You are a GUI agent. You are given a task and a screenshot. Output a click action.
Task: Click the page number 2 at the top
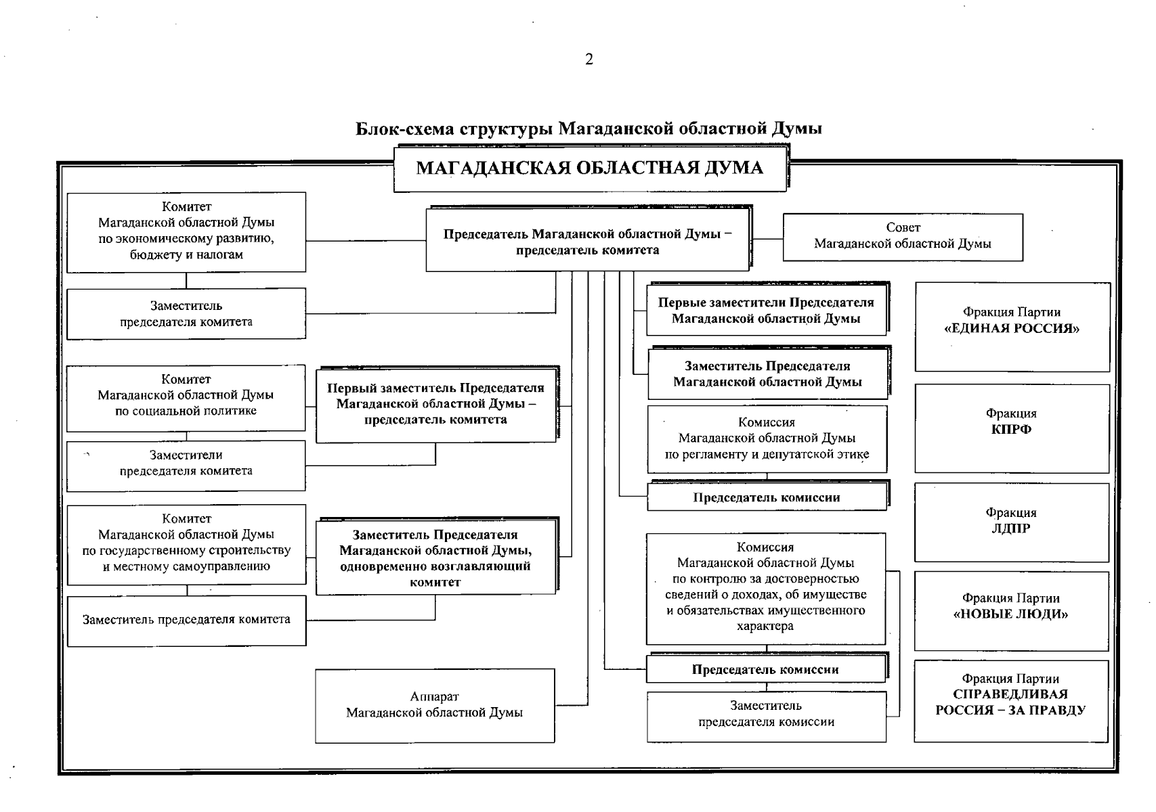point(588,60)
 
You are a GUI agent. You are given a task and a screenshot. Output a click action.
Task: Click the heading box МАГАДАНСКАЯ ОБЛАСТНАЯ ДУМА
point(589,168)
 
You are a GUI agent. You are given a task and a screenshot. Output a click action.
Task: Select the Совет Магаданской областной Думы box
point(902,237)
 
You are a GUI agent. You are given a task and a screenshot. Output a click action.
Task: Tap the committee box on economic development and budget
point(186,231)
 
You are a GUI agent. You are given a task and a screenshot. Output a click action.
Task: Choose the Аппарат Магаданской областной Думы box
point(435,705)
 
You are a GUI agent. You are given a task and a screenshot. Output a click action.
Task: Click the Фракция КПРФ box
point(1012,428)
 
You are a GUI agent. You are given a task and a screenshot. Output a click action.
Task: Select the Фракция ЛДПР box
point(1011,522)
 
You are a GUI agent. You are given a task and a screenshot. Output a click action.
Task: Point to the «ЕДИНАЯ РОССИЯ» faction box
point(1012,326)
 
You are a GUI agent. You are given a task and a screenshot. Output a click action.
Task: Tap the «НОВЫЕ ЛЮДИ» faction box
point(1011,610)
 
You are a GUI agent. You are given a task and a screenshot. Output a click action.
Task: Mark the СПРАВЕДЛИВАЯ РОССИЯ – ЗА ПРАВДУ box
point(1010,701)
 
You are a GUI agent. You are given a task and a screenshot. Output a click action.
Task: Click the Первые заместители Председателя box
point(766,311)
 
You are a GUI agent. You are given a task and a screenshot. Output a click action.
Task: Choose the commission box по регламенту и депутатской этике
point(767,438)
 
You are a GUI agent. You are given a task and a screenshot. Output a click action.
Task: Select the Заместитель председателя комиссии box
point(766,716)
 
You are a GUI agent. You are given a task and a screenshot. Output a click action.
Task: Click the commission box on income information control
point(766,587)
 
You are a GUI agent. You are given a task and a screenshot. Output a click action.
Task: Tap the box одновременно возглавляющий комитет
point(435,558)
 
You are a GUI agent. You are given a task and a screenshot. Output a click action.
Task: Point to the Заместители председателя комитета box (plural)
point(186,465)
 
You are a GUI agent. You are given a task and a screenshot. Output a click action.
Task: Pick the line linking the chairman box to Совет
point(767,238)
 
